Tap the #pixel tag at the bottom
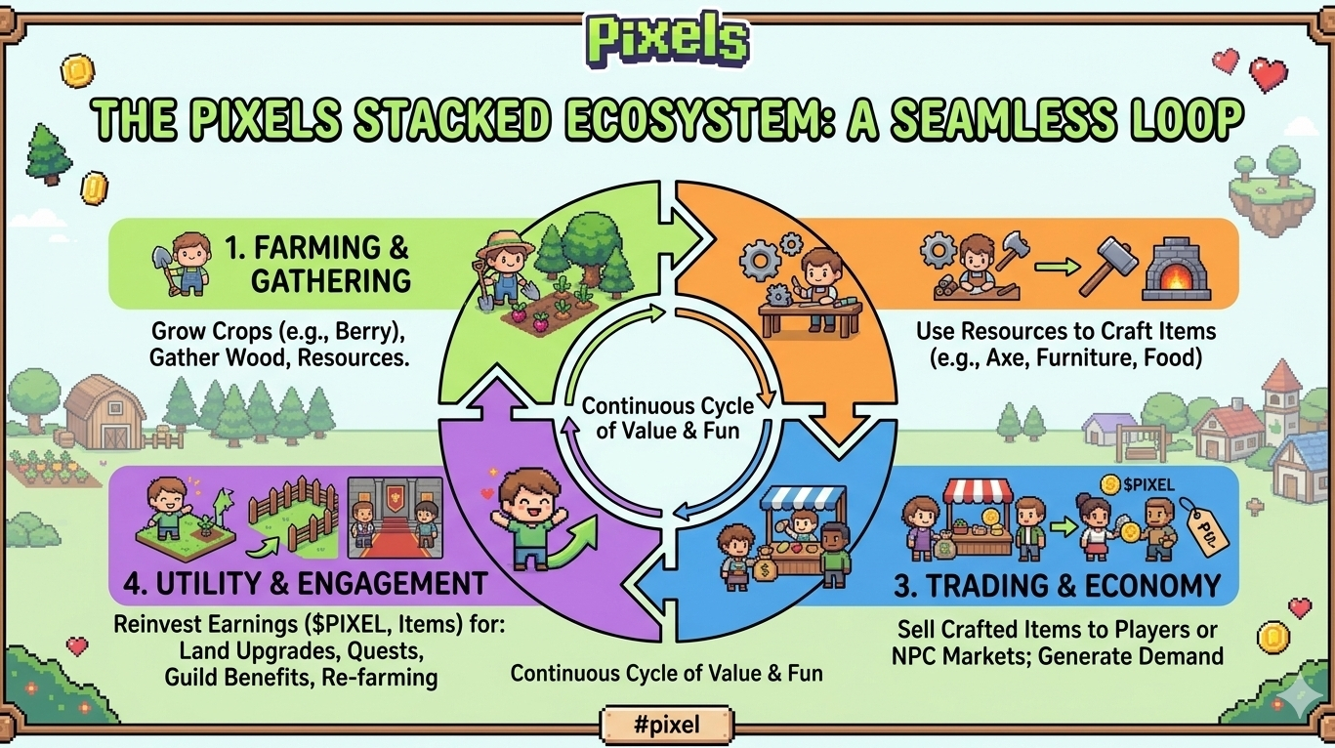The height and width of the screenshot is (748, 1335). point(667,724)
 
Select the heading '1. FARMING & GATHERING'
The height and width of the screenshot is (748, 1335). point(318,265)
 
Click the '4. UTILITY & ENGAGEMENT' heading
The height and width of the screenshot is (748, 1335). point(306,584)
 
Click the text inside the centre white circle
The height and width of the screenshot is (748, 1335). point(667,417)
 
